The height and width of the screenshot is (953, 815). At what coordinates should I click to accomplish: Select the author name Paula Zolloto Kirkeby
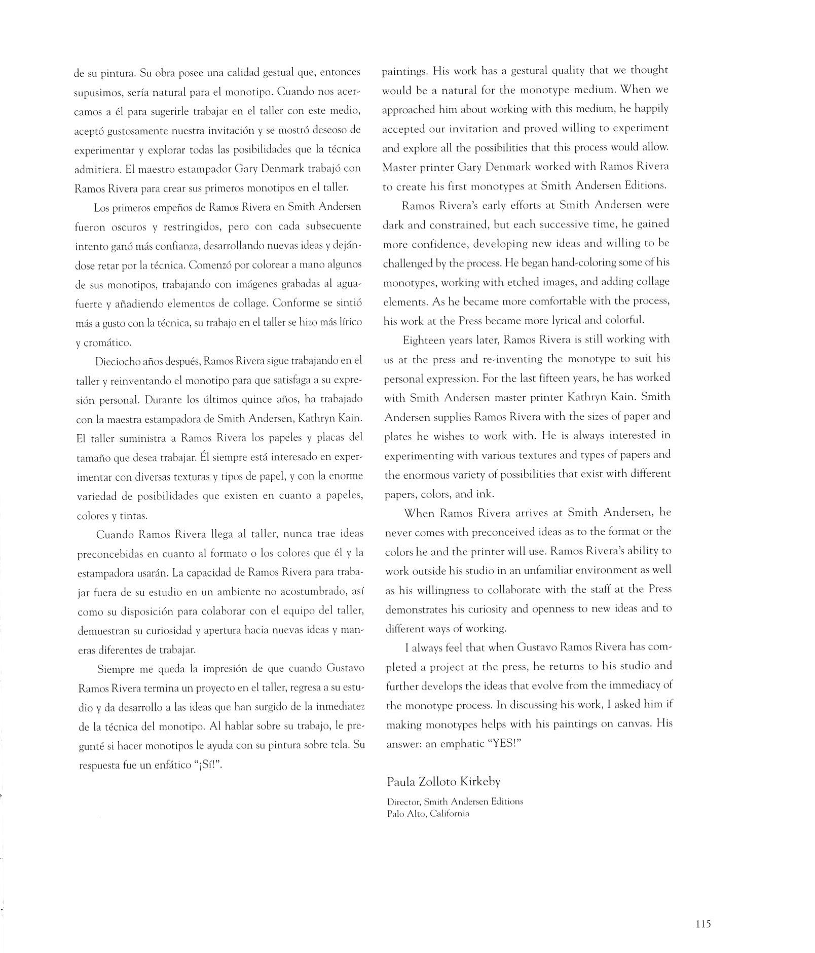[x=443, y=782]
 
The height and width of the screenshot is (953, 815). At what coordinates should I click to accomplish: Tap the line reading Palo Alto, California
[x=428, y=814]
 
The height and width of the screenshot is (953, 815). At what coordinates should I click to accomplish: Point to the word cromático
[x=107, y=342]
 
